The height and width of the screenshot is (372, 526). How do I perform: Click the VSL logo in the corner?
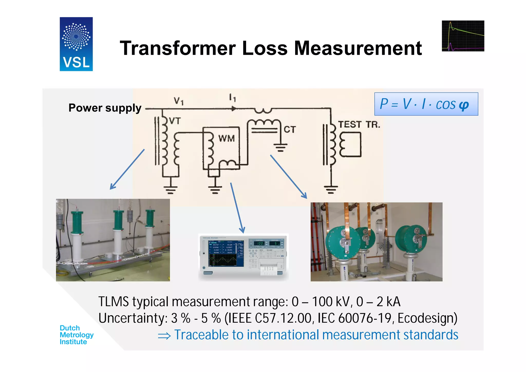coord(76,44)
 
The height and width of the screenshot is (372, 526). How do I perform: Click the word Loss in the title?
coord(265,48)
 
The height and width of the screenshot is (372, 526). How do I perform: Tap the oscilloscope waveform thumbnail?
coord(463,36)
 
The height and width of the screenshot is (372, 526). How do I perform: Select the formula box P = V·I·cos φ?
coord(426,104)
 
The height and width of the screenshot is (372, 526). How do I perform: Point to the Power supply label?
coord(105,108)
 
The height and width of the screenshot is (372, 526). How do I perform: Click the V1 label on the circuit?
coord(179,101)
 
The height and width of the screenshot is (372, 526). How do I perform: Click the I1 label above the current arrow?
coord(232,98)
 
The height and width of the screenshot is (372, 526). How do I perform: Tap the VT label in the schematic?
coord(175,121)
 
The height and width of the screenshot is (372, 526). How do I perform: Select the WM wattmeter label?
coord(227,138)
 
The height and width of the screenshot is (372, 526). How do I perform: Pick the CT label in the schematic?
coord(290,129)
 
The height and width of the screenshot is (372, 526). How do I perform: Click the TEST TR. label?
coord(359,125)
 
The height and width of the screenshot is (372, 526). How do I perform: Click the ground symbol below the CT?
coord(280,147)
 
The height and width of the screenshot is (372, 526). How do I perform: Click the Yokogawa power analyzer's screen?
coord(222,253)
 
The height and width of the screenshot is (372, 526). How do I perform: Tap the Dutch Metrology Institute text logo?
coord(76,335)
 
